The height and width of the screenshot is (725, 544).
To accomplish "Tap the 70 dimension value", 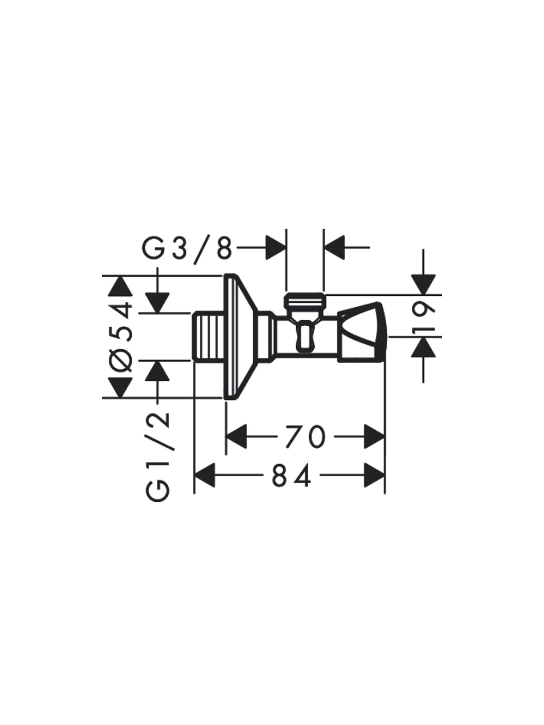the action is click(305, 436).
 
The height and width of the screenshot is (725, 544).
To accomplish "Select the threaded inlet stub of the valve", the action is click(209, 336).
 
